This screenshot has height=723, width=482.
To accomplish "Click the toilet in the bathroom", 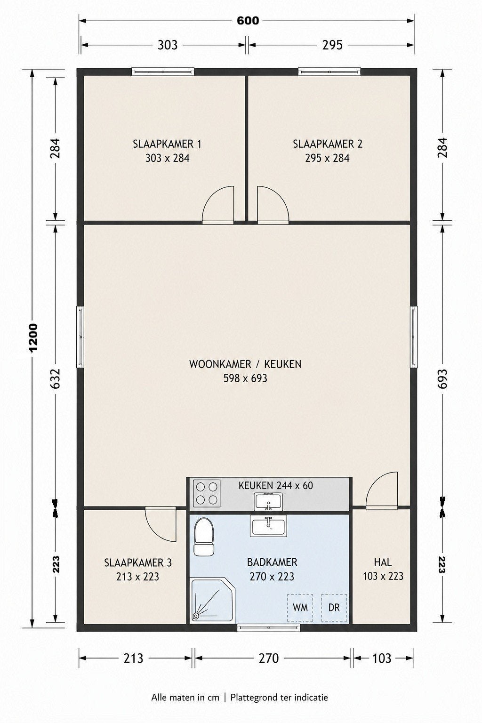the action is tap(204, 537).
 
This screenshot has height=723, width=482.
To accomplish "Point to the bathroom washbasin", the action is tap(268, 526).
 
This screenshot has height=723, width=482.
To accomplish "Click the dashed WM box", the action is tap(300, 608).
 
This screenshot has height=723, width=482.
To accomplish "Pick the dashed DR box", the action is tap(334, 608).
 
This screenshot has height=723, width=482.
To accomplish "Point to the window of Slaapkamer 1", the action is tap(163, 72).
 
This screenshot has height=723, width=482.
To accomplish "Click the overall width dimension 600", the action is tap(248, 21).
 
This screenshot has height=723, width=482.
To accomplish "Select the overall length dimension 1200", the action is tap(33, 338).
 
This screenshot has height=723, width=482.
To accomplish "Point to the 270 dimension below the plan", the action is tap(269, 658).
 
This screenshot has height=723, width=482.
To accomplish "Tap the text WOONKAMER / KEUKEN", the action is tap(245, 364).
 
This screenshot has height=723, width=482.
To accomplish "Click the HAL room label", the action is tap(383, 562).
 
